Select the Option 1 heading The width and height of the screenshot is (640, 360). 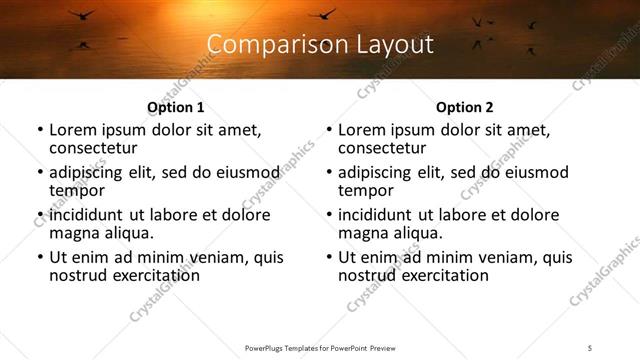pyautogui.click(x=176, y=107)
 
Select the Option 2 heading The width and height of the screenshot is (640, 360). pyautogui.click(x=465, y=107)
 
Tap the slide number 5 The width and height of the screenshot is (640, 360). pyautogui.click(x=591, y=348)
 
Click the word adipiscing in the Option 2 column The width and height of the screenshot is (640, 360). pyautogui.click(x=381, y=172)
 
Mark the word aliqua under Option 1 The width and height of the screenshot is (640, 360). pyautogui.click(x=129, y=233)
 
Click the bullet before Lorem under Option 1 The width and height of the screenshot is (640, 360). pyautogui.click(x=40, y=130)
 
